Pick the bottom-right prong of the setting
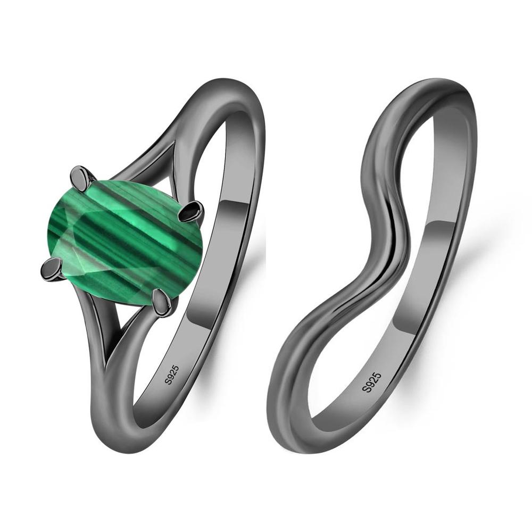click(x=162, y=302)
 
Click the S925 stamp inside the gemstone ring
click(x=172, y=375)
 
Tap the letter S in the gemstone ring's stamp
click(x=168, y=381)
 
